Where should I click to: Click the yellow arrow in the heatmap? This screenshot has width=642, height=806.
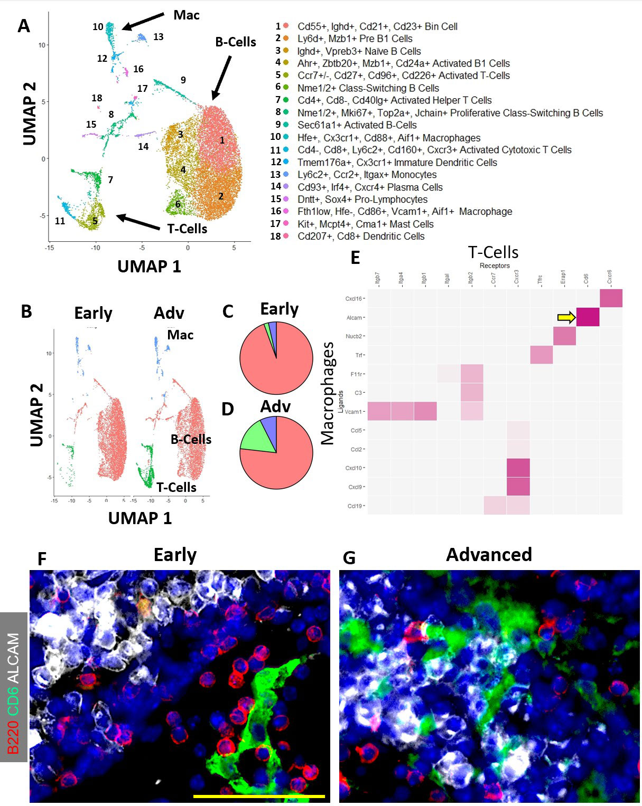[x=566, y=317]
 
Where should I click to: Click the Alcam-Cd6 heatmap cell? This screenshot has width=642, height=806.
[x=588, y=317]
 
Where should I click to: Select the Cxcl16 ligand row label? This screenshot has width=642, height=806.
[x=354, y=299]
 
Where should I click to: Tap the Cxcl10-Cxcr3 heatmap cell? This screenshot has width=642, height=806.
[x=518, y=468]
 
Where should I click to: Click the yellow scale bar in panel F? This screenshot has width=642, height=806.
[x=259, y=795]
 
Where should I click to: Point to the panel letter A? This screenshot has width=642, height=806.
[x=24, y=26]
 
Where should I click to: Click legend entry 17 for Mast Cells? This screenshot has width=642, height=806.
[x=365, y=224]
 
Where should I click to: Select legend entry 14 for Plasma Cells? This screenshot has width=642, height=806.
[x=370, y=187]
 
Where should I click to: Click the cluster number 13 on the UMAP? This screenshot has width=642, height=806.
[x=159, y=37]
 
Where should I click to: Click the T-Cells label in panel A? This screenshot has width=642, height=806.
[x=187, y=229]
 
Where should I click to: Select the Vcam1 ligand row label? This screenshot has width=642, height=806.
[x=353, y=412]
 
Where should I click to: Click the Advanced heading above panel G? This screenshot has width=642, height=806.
[x=489, y=555]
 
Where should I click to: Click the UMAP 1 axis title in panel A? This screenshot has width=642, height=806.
[x=149, y=266]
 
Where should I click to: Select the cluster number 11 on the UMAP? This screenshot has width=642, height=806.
[x=60, y=221]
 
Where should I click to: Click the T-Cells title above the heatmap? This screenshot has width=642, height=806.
[x=493, y=252]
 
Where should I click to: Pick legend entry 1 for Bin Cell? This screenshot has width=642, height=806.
[x=377, y=26]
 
